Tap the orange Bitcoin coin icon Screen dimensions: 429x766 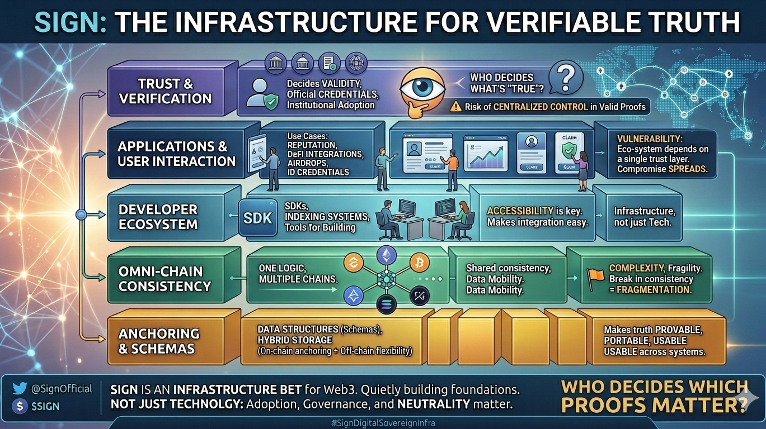(x=419, y=261)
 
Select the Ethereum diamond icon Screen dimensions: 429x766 (x=386, y=256)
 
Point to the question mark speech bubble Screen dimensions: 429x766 (x=566, y=77)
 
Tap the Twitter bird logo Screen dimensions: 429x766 (x=20, y=389)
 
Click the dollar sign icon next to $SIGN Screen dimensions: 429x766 (x=20, y=406)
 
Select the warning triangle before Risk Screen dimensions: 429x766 (x=456, y=106)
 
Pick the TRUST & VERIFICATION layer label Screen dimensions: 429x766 (x=166, y=91)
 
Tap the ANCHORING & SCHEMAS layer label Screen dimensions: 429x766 (x=159, y=341)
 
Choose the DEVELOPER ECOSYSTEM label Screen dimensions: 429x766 (x=158, y=217)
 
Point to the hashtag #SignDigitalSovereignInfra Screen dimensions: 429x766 (x=383, y=423)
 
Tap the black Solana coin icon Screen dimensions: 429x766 (x=386, y=304)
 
